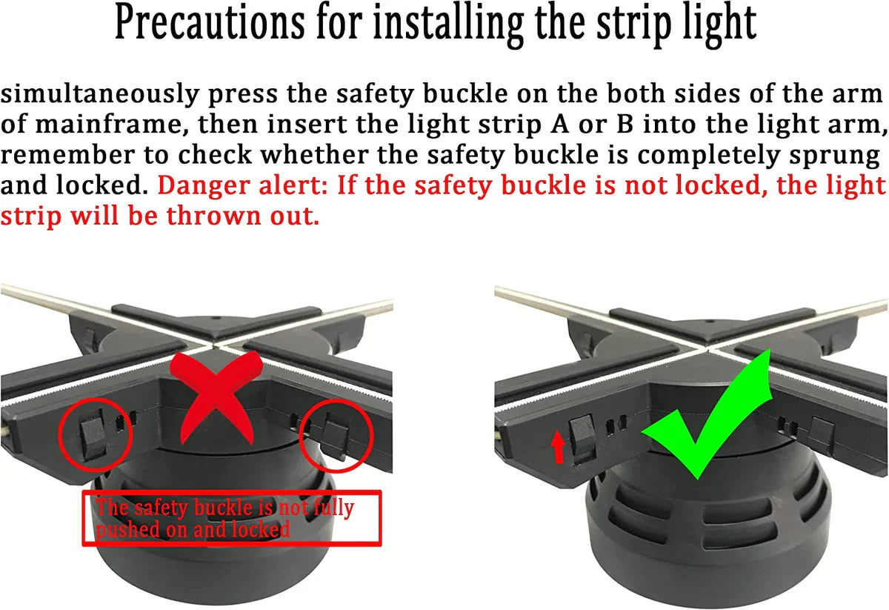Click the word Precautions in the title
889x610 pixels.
tap(210, 23)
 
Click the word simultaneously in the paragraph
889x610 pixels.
tap(99, 96)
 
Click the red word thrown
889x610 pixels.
tap(213, 216)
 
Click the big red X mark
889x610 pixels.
tap(216, 397)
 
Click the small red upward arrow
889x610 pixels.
tap(559, 447)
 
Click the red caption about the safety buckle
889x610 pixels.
tap(224, 518)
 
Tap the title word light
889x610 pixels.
tap(720, 24)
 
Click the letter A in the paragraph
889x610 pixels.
tap(559, 124)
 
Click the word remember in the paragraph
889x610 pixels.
tap(67, 155)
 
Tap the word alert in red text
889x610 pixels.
tap(293, 185)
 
